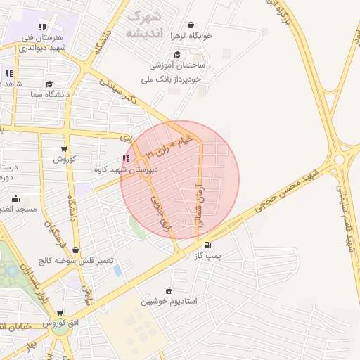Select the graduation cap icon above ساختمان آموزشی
point(177,54)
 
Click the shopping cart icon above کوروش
point(65,148)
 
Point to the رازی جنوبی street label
point(160,212)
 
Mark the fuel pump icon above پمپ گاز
point(207,245)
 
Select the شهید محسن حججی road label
point(278,195)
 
